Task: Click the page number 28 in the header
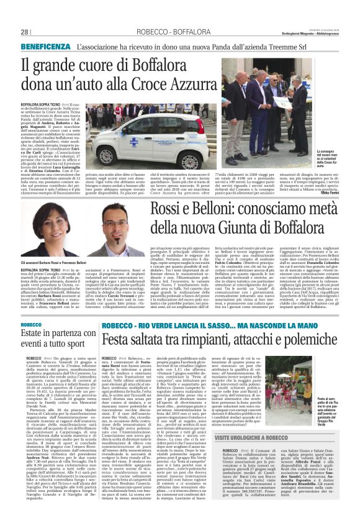click(x=25, y=32)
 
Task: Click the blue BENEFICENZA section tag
click(x=47, y=47)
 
